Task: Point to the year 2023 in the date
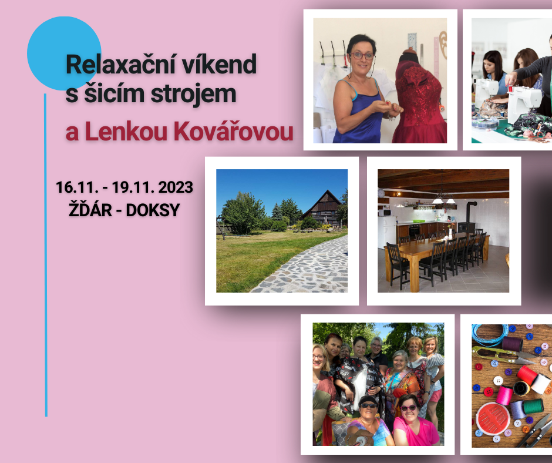173,187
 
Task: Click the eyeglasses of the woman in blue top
362,56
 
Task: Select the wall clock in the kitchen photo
381,193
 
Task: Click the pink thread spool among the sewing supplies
504,395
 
